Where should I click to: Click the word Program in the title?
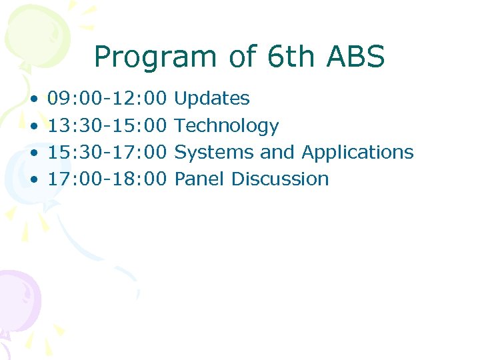pos(153,58)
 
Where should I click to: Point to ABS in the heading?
pos(356,57)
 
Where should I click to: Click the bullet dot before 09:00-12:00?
pos(33,99)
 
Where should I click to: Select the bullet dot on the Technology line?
pos(33,126)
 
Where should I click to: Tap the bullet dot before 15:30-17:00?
pos(33,153)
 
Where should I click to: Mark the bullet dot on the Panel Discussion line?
pos(33,179)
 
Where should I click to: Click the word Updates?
pos(211,99)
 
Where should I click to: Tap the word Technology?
pos(226,126)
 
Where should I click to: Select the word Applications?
pos(357,153)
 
